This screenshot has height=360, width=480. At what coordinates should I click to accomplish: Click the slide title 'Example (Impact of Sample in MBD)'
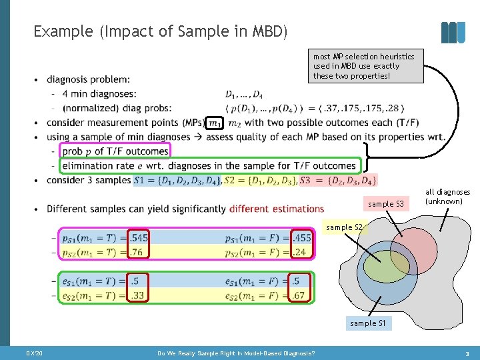160,31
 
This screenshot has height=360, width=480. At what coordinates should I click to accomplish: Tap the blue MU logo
453,32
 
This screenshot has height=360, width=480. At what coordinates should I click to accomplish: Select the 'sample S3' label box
386,203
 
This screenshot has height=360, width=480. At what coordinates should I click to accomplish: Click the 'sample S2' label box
344,227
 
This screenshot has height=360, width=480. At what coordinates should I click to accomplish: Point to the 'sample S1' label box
368,323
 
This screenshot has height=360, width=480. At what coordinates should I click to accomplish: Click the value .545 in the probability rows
139,237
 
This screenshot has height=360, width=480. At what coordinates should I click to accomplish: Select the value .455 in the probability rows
301,237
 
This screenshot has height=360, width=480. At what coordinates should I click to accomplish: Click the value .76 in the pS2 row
139,251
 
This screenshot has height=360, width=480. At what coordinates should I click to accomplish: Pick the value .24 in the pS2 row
301,251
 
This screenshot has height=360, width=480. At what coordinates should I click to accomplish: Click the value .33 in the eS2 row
138,295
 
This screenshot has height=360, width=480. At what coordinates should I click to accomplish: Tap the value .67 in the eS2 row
301,295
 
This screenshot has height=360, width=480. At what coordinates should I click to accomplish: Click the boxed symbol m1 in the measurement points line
214,123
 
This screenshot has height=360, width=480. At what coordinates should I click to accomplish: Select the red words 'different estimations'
277,209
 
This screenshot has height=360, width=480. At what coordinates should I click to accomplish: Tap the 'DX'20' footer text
34,353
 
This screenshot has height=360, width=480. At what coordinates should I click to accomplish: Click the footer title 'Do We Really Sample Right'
236,353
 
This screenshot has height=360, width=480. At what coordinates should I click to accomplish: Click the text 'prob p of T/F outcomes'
115,151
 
